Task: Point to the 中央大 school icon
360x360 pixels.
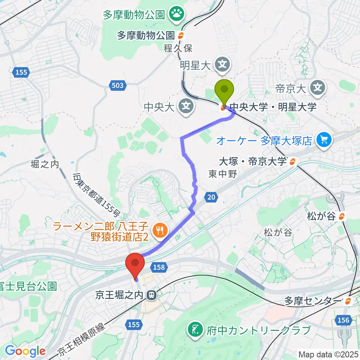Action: click(186, 107)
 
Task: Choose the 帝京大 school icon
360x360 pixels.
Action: click(318, 88)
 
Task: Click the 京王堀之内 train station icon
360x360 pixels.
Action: click(152, 295)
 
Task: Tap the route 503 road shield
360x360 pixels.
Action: click(117, 86)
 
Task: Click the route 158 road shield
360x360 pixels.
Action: click(158, 267)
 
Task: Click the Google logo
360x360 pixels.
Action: click(25, 351)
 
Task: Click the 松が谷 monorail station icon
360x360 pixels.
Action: click(341, 216)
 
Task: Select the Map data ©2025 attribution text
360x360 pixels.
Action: click(328, 354)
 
